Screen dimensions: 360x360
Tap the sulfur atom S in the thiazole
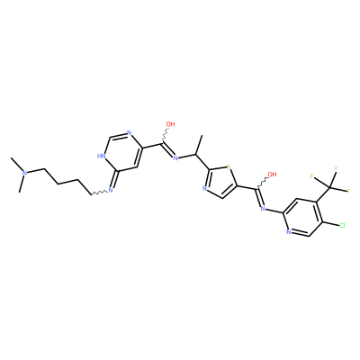coord(229,166)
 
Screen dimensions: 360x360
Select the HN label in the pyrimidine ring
coord(100,156)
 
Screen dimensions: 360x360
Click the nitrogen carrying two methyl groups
coord(25,173)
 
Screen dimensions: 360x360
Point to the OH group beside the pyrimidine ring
coord(170,124)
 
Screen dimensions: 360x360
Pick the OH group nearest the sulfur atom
coord(272,175)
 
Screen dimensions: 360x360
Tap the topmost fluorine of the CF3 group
coord(337,168)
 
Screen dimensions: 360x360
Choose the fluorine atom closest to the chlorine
coord(349,191)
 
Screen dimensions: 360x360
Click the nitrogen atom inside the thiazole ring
coord(204,189)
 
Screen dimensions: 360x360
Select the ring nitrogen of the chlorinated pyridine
coord(289,232)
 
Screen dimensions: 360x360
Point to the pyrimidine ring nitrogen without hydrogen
coord(129,133)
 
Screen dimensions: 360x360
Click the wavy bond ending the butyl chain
coord(98,193)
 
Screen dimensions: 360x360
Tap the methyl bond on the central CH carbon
coord(199,146)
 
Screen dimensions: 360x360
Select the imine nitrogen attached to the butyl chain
coord(110,190)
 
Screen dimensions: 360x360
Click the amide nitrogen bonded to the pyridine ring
coord(263,209)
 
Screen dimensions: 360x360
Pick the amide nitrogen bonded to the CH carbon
coord(175,158)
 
